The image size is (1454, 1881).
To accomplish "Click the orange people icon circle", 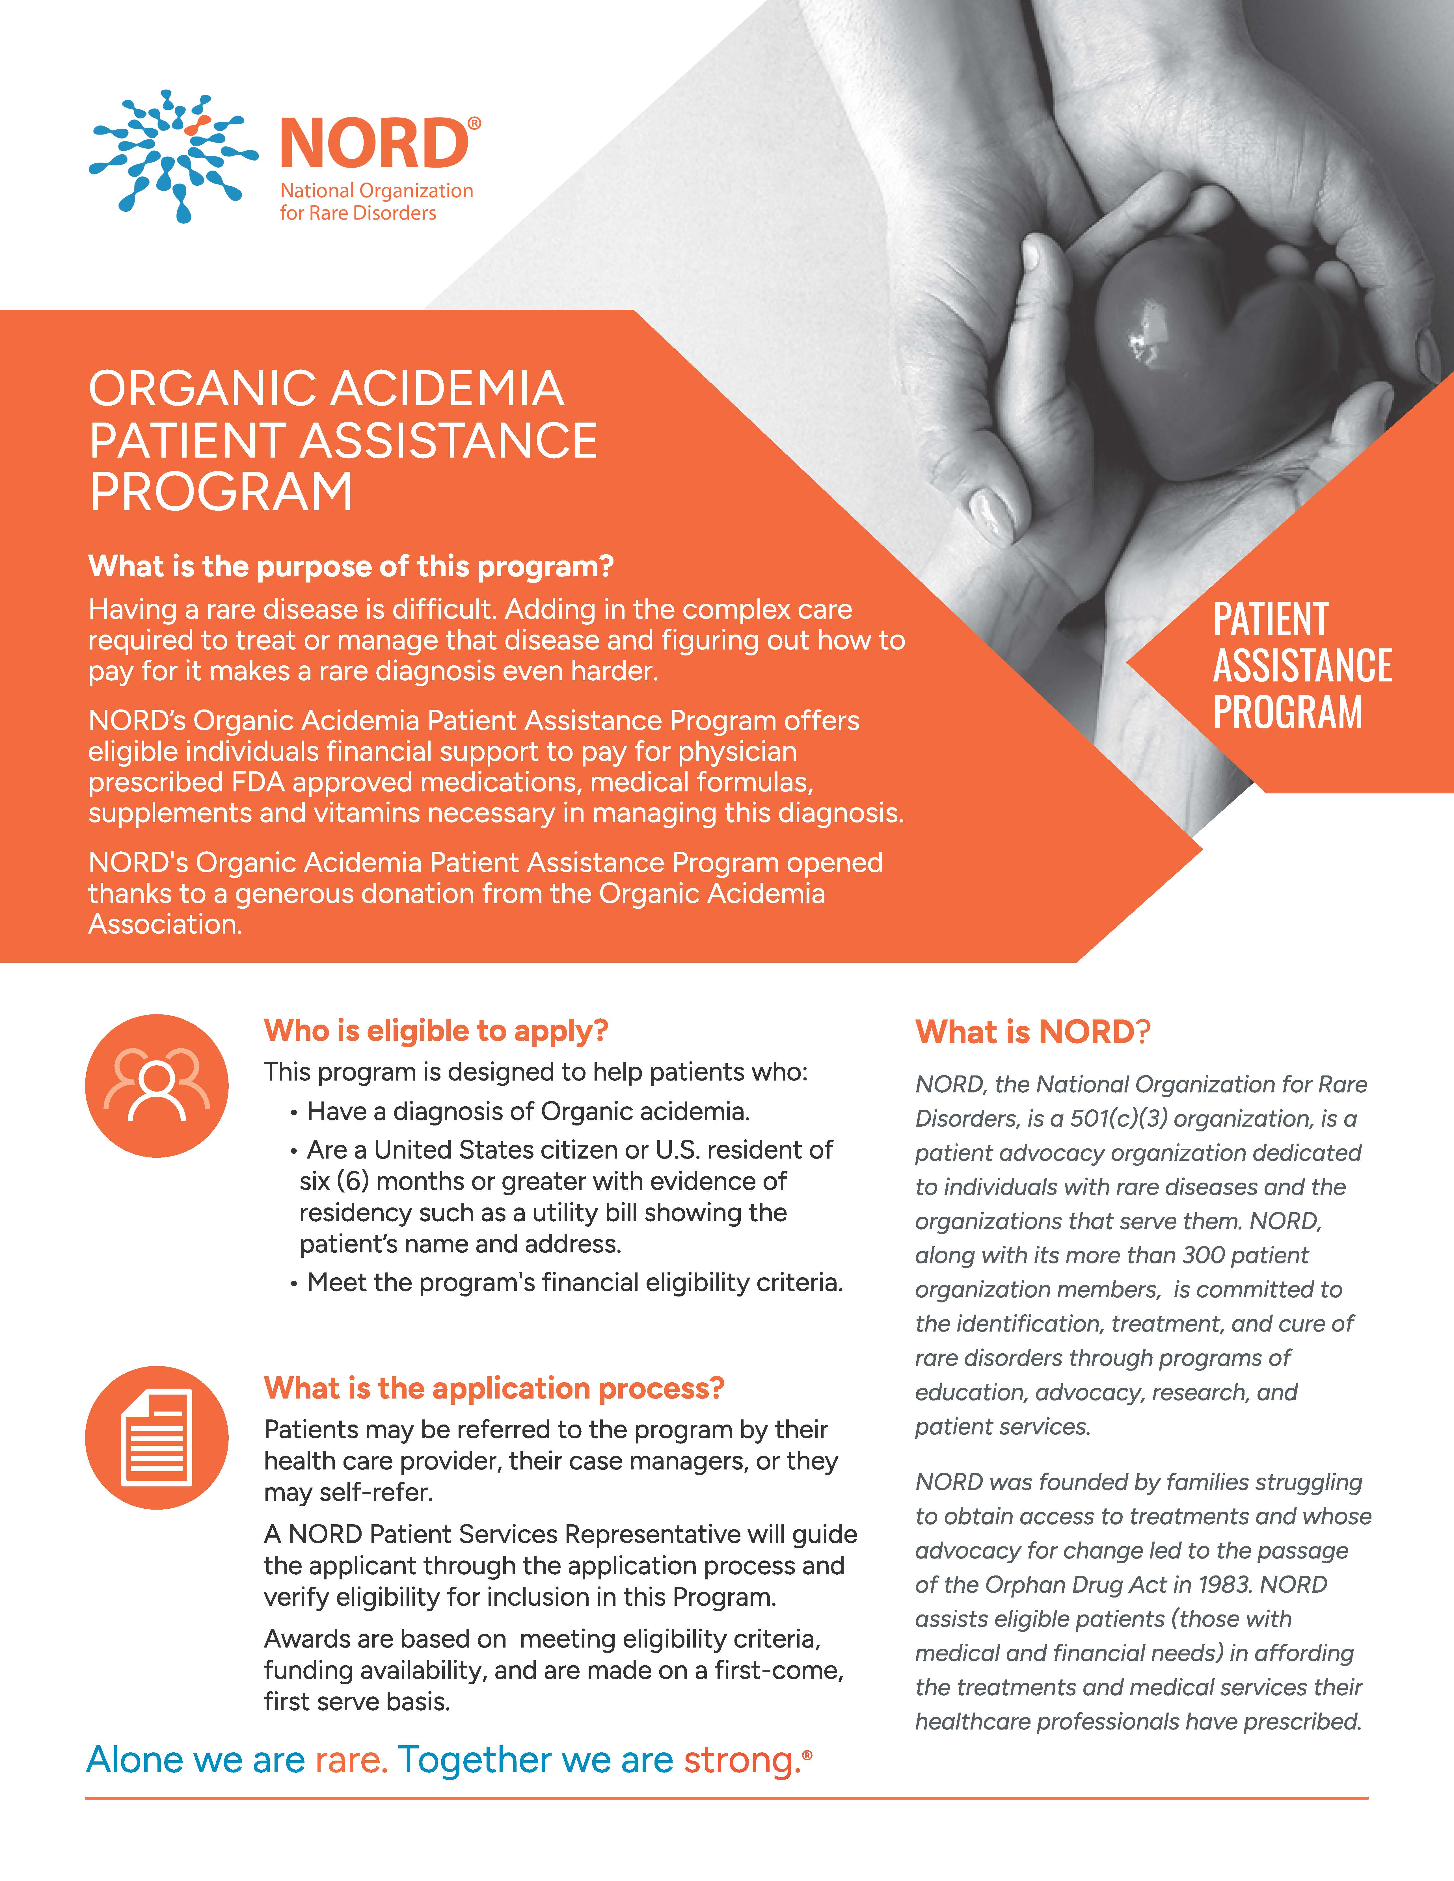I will (x=157, y=1085).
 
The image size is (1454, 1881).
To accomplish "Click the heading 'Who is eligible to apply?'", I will (x=436, y=1031).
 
